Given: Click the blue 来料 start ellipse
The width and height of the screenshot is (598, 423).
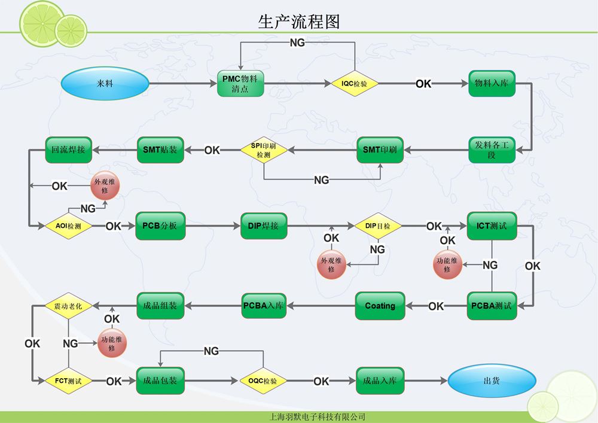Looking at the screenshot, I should click(105, 83).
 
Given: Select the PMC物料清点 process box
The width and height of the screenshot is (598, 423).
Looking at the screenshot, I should click(240, 84).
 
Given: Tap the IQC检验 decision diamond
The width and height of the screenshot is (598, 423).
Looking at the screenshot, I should click(355, 84).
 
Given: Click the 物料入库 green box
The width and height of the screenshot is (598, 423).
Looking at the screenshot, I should click(492, 84).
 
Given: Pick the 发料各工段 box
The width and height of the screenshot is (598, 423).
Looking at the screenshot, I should click(492, 150).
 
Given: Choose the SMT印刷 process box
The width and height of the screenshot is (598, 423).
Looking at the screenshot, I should click(380, 150).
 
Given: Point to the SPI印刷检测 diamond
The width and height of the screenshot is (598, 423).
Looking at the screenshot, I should click(264, 150).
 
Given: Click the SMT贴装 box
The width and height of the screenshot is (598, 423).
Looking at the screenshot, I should click(160, 150).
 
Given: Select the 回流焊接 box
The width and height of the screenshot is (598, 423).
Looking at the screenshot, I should click(69, 150).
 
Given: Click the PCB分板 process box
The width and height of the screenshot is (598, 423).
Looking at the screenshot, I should click(160, 226).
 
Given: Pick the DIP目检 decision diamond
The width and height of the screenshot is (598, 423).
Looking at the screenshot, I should click(377, 226).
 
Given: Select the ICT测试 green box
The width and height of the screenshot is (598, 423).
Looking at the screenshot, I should click(492, 226).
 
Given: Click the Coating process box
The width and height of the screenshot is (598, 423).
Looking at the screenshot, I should click(380, 306).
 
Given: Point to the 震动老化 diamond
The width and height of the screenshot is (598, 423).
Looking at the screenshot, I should click(68, 306).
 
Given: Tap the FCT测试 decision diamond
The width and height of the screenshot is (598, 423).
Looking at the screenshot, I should click(68, 381).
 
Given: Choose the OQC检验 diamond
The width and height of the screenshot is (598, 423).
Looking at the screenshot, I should click(263, 381).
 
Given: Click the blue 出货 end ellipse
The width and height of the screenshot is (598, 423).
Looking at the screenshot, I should click(492, 381).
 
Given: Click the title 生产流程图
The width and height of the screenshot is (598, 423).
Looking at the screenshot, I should click(298, 22).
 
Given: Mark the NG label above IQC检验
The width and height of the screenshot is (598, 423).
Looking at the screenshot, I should click(297, 42).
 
